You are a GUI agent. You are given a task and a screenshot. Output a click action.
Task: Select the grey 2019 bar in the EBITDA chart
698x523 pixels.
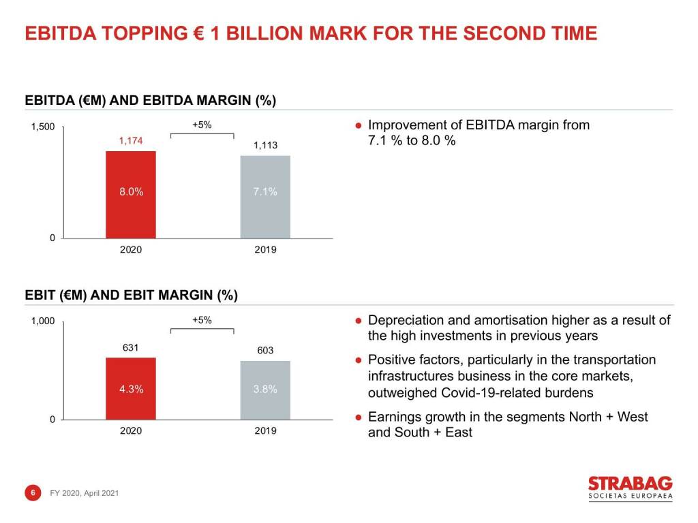265,197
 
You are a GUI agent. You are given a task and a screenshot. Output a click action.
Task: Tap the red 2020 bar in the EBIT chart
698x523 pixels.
131,388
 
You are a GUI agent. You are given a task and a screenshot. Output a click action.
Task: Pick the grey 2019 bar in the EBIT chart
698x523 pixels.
265,390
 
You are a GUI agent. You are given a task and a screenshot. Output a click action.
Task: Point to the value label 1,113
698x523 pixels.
265,146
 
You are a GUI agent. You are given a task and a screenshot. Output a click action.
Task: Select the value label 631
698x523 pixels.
131,348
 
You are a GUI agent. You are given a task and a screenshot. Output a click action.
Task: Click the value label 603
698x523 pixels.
265,351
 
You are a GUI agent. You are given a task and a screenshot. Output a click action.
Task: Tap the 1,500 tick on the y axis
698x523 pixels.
43,127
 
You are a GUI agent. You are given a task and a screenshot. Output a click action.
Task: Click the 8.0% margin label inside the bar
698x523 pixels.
131,192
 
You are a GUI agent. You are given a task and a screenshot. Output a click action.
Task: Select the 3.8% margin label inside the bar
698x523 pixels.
265,390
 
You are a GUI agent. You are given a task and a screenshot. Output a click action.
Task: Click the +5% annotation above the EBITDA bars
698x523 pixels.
202,125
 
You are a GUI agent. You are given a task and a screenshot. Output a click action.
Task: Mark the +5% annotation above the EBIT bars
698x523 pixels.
202,320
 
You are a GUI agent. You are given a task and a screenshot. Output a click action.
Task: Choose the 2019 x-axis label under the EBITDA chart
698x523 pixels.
265,250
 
